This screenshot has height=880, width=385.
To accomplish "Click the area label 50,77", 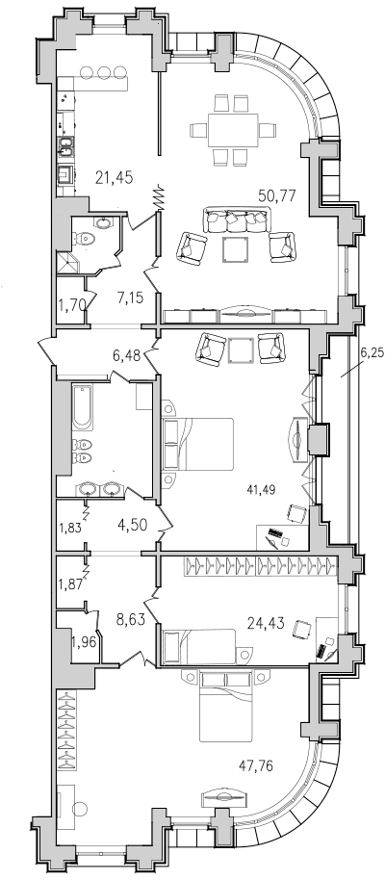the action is (276, 195).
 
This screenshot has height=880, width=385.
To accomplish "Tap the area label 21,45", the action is (114, 178).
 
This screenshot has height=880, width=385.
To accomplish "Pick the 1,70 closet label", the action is (70, 306).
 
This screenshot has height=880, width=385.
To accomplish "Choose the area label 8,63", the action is (130, 620).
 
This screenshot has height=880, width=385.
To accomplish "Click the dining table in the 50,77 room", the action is (233, 130).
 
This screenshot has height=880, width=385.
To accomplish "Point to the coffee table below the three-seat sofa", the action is (235, 249).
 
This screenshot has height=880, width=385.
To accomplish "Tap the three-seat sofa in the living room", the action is (235, 220).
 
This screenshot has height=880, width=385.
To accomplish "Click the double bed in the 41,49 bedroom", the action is (197, 444).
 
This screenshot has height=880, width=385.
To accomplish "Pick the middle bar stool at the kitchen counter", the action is (104, 72).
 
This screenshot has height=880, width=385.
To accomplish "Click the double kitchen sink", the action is (66, 146).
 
